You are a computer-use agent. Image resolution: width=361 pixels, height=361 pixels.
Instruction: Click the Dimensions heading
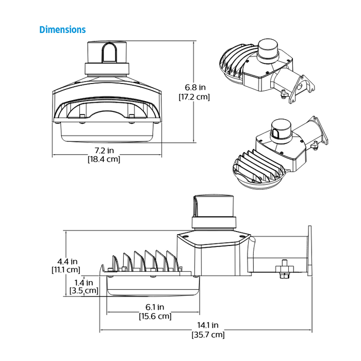(62, 29)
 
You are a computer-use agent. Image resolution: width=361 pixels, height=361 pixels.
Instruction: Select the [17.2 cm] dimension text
(194, 96)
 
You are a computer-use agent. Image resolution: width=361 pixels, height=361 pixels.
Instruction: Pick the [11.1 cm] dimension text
(66, 269)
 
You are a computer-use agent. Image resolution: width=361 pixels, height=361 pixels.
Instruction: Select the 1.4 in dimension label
(84, 282)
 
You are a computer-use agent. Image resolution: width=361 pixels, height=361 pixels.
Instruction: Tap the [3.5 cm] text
(84, 291)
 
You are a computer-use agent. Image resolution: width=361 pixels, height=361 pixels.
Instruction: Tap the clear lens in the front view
(107, 132)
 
